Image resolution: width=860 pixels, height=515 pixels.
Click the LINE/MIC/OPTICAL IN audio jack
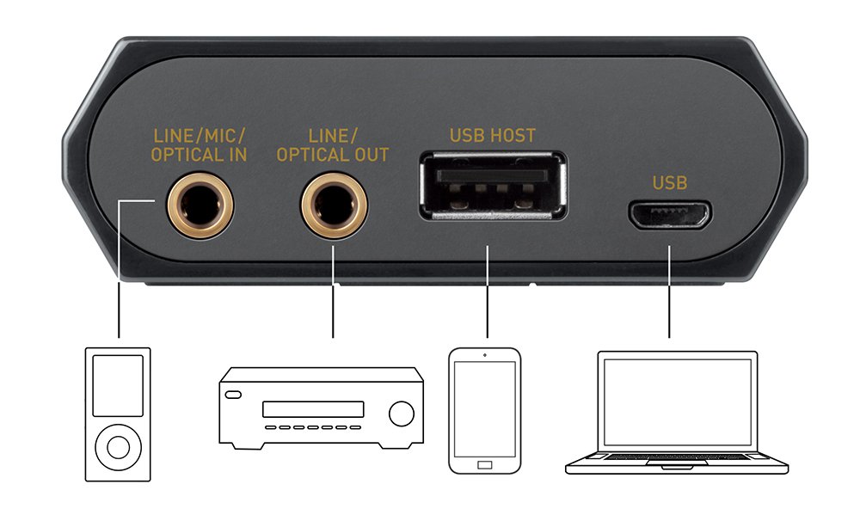tap(199, 205)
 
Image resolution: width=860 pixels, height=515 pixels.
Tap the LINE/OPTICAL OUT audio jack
tap(333, 205)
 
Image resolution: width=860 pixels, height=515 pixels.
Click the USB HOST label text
tap(492, 135)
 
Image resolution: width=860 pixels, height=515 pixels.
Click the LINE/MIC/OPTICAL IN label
tap(199, 145)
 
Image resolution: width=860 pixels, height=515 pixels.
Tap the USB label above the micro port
tap(670, 182)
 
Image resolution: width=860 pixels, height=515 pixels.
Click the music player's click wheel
tap(118, 448)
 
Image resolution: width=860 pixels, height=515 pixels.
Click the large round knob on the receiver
tap(401, 414)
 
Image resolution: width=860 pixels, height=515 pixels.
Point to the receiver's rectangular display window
tap(314, 409)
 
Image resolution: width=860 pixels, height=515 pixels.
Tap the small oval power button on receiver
tap(234, 395)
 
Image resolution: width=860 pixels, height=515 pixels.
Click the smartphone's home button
tap(485, 464)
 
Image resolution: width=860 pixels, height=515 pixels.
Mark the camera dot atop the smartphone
tap(485, 355)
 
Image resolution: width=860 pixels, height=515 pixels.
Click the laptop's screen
tap(677, 402)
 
